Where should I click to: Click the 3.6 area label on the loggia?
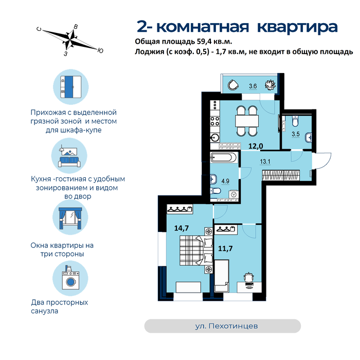point(253,86)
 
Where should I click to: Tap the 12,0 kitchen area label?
point(256,146)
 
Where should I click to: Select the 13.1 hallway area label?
point(265,161)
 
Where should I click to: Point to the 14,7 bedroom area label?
point(182,228)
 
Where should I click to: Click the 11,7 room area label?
point(225,248)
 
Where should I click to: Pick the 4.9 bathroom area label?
point(225,181)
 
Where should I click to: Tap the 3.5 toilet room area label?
point(296,134)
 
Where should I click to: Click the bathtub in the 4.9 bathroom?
point(223,158)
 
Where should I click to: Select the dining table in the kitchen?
point(247,121)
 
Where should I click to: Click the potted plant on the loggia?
point(270,85)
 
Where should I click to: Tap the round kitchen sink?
point(215,138)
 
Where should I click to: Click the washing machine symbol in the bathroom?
point(233,195)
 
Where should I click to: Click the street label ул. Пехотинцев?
point(226,326)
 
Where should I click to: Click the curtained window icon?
point(70,219)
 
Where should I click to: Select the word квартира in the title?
point(297,27)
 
